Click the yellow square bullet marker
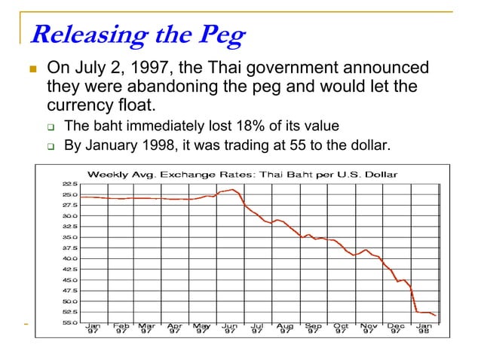pos(32,69)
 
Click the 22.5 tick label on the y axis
pos(69,183)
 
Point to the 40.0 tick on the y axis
pos(69,258)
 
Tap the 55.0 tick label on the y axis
pos(69,322)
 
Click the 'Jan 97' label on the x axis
pos(92,328)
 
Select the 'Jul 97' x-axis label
pos(257,328)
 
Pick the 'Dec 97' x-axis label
pos(396,328)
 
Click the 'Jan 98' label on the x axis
pos(424,328)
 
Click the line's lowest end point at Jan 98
pos(436,316)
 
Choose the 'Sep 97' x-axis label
pos(312,328)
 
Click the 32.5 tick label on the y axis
pos(69,226)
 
